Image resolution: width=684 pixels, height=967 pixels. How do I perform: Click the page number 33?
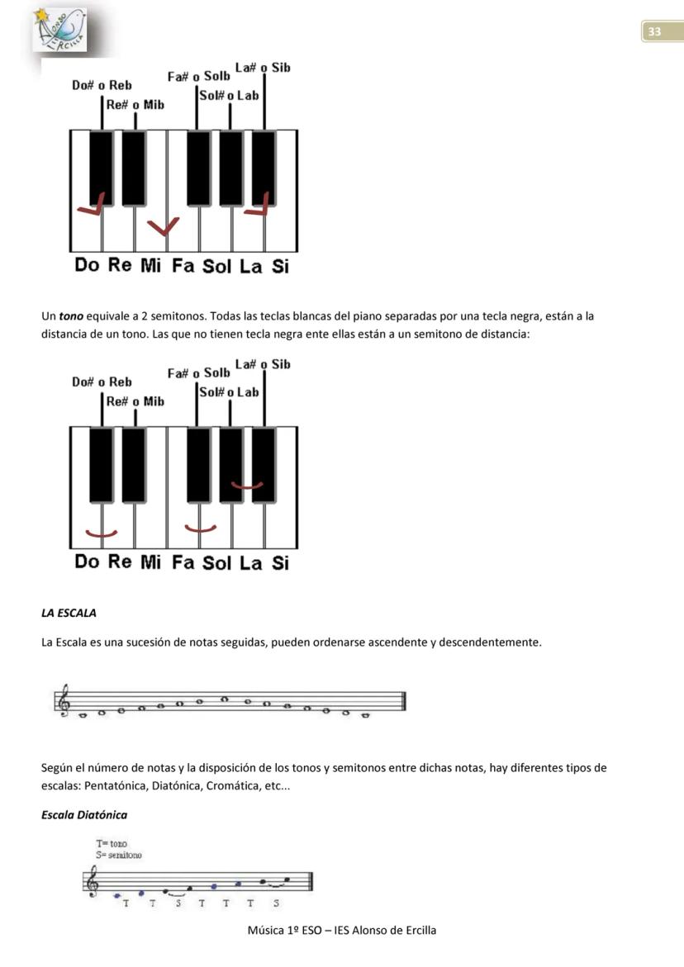click(654, 32)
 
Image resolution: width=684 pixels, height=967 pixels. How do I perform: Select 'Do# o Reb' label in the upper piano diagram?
click(102, 85)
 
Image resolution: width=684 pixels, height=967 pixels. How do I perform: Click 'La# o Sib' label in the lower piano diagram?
click(263, 364)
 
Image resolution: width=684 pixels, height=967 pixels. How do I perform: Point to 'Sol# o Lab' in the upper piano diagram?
click(229, 96)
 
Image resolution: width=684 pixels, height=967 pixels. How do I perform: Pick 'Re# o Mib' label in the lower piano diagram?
click(135, 401)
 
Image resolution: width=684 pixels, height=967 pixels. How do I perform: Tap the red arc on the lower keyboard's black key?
click(247, 485)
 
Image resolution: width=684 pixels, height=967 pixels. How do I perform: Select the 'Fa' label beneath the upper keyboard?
click(183, 266)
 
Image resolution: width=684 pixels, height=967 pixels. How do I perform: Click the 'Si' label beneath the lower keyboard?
click(280, 563)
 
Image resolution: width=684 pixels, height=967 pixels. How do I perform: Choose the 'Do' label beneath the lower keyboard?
click(87, 562)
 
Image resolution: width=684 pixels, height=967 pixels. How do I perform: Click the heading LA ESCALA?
click(69, 613)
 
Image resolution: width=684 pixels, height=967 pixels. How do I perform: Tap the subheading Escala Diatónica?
click(84, 815)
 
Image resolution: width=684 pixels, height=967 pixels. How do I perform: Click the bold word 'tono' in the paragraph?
click(71, 316)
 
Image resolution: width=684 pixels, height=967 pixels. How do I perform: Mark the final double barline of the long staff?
click(402, 701)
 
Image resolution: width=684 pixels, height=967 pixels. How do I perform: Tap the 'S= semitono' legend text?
click(119, 856)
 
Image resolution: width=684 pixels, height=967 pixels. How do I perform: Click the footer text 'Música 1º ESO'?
click(282, 930)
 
